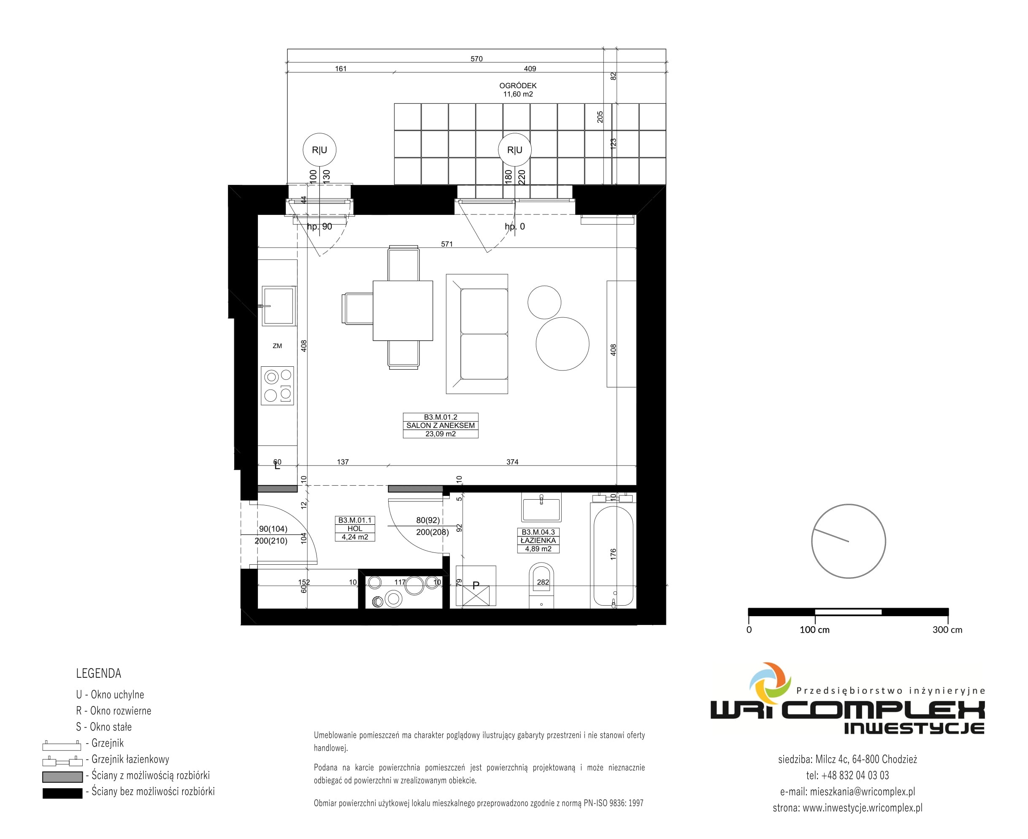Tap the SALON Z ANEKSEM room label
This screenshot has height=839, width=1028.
440,425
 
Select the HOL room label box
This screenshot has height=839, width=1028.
355,528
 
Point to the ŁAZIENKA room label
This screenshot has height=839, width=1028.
538,540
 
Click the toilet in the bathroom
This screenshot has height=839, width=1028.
541,585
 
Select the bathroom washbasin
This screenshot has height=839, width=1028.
541,507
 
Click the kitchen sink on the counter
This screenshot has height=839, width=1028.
279,306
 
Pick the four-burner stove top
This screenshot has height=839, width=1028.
277,385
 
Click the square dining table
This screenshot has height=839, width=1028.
403,311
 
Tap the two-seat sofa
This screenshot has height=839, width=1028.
476,334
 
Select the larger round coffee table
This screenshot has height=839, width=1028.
563,344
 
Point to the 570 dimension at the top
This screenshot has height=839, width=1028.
476,59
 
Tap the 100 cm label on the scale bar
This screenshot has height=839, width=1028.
814,630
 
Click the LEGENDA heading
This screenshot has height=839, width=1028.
99,673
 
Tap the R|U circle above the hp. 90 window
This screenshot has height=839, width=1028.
319,150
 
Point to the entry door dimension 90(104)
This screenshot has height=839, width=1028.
273,529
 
